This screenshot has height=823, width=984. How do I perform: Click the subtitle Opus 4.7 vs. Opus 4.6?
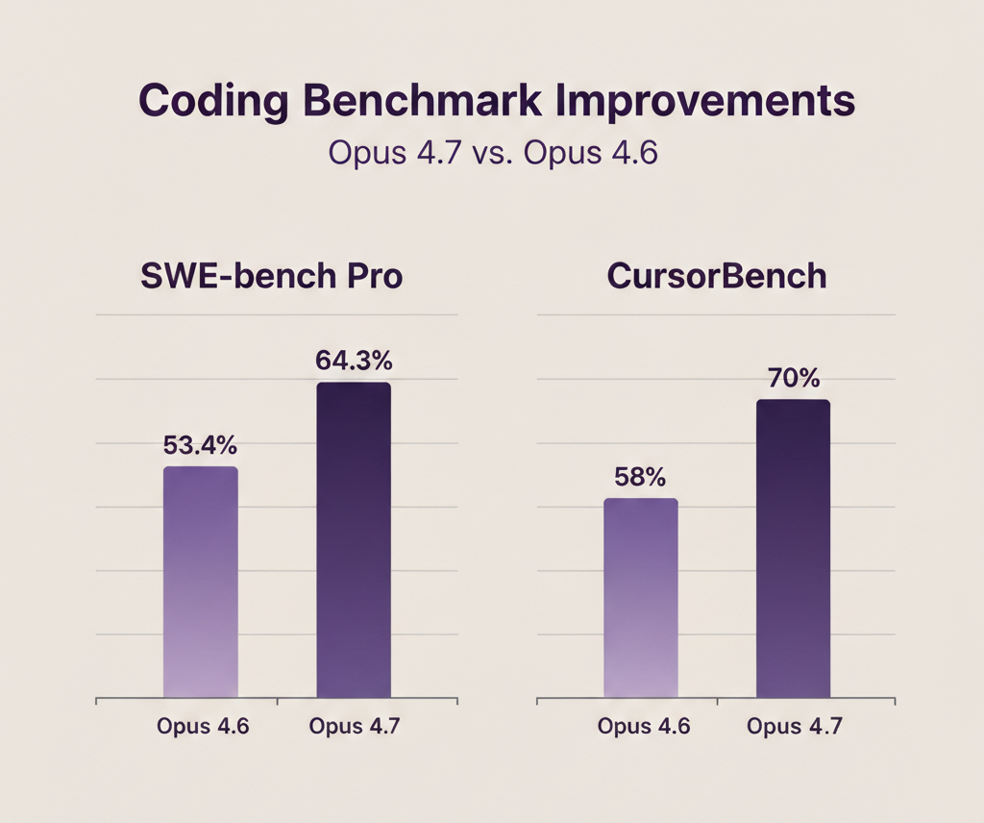click(x=492, y=153)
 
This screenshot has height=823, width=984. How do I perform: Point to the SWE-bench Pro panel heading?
click(x=272, y=276)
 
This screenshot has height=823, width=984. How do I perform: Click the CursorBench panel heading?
click(x=717, y=276)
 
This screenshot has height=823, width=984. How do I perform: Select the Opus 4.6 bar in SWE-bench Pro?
click(x=201, y=582)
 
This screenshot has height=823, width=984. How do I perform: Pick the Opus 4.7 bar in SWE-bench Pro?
click(x=354, y=539)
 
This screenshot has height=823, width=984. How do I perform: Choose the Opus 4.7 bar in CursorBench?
click(x=793, y=548)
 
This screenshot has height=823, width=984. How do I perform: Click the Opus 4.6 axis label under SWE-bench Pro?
click(x=203, y=726)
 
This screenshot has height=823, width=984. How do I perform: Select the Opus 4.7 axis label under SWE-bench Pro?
click(x=355, y=726)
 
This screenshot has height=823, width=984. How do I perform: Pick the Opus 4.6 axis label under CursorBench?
click(x=643, y=726)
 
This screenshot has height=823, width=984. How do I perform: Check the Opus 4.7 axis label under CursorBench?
click(x=795, y=726)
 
